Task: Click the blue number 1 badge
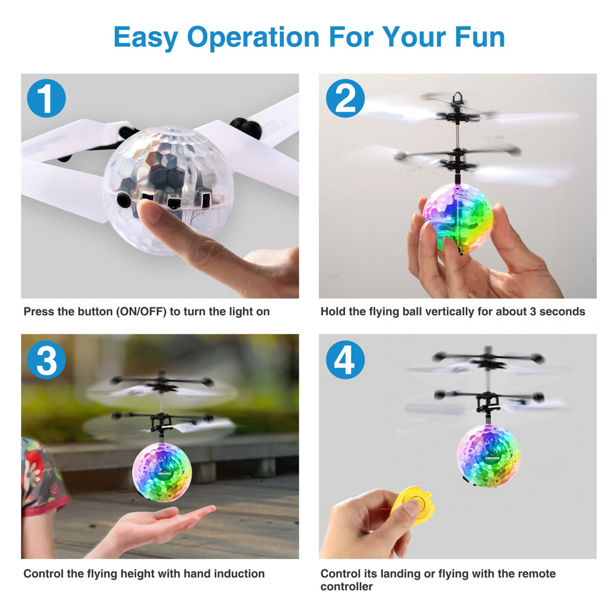46,98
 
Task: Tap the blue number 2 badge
345,98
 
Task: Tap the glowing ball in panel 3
162,473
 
